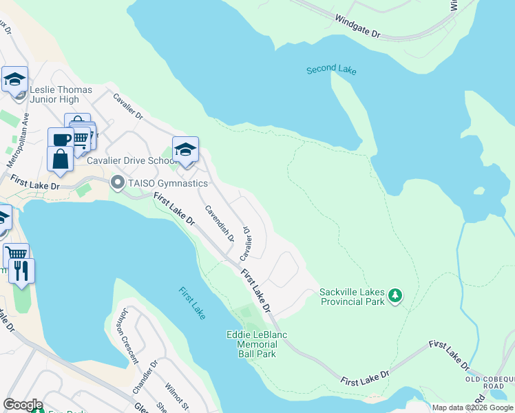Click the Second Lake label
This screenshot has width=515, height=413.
click(331, 69)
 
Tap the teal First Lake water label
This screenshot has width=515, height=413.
click(192, 303)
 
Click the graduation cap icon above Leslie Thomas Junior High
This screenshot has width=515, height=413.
click(14, 80)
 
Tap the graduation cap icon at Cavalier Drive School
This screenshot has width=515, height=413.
click(185, 149)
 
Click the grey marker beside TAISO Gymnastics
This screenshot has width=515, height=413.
click(117, 183)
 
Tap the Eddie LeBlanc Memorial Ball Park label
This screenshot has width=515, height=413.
click(251, 344)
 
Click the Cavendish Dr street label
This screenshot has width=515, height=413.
click(219, 223)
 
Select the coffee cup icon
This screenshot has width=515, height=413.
click(61, 139)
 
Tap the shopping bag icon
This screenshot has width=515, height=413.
click(61, 159)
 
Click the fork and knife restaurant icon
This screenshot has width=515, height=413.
click(21, 271)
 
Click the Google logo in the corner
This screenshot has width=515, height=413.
click(23, 405)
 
